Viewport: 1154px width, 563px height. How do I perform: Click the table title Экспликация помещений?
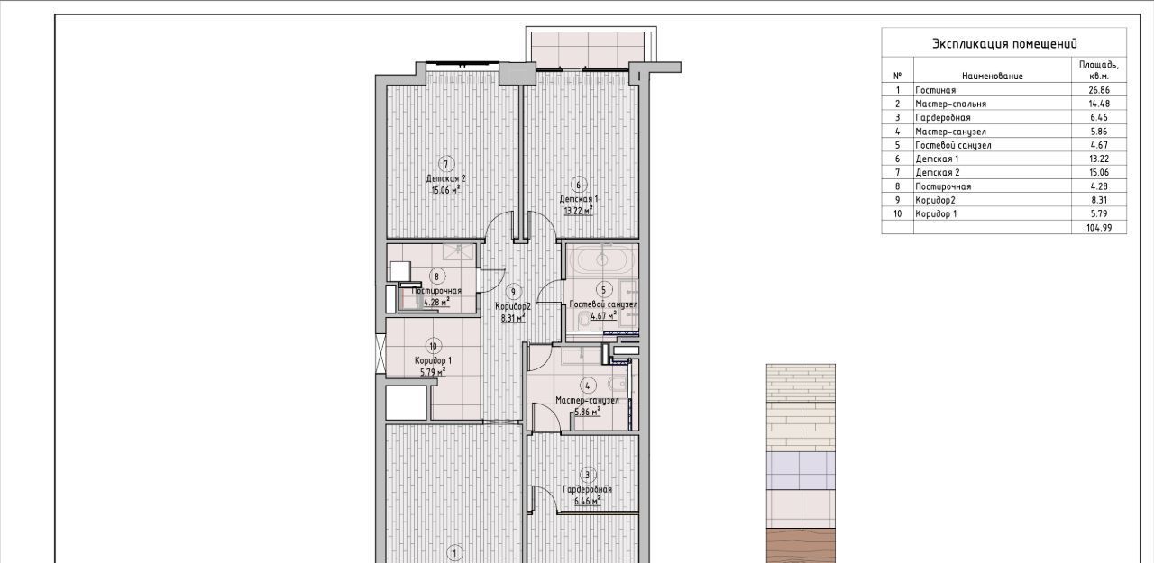(1004, 44)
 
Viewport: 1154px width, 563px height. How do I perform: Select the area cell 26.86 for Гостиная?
(1098, 90)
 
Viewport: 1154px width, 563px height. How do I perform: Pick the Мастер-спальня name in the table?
(950, 104)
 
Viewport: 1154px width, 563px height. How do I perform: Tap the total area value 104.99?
(1098, 228)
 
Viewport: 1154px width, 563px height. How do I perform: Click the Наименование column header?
(993, 77)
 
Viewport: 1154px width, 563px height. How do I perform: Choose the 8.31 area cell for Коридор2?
(1098, 200)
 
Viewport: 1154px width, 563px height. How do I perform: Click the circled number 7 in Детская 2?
(446, 164)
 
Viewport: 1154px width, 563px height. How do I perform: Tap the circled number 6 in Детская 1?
(579, 185)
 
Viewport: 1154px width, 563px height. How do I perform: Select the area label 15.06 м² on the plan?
(445, 190)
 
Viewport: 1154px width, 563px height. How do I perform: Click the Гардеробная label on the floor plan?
(587, 489)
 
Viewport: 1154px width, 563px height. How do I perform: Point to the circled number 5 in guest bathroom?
(604, 290)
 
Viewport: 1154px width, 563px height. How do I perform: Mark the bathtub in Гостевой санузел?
(601, 262)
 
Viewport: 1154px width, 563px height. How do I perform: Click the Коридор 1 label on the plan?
(433, 360)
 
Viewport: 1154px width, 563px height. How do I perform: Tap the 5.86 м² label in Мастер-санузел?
(588, 412)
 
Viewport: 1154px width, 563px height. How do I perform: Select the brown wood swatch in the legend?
(801, 546)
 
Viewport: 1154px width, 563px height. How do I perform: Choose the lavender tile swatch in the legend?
(801, 470)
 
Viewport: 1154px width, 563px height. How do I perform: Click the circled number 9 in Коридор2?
(513, 292)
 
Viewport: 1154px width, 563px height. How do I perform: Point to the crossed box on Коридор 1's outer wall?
(380, 354)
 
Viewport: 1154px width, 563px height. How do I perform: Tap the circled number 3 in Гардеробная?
(587, 475)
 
